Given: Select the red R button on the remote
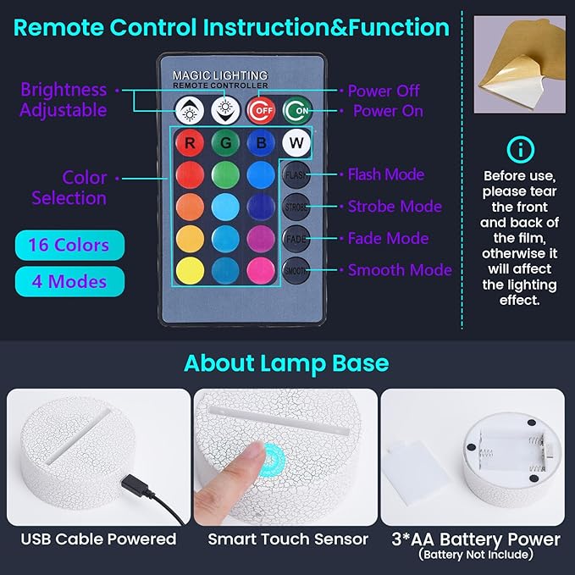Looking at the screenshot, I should (x=189, y=142).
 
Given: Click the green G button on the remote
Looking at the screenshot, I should (x=224, y=142).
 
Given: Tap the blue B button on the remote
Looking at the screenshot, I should (x=260, y=142).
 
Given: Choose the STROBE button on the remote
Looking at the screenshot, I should (x=296, y=207).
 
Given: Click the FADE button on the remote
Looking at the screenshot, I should (x=296, y=239).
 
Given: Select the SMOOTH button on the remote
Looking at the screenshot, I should (x=296, y=271).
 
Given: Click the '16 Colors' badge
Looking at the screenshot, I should (x=69, y=246).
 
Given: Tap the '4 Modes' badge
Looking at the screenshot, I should (x=69, y=281).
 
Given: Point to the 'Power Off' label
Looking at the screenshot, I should (x=384, y=91).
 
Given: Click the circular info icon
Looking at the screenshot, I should (x=520, y=150).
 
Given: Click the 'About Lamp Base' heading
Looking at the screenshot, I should (x=286, y=363).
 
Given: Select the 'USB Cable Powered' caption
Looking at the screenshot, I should (x=98, y=539).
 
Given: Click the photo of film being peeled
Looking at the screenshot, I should (x=518, y=64).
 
